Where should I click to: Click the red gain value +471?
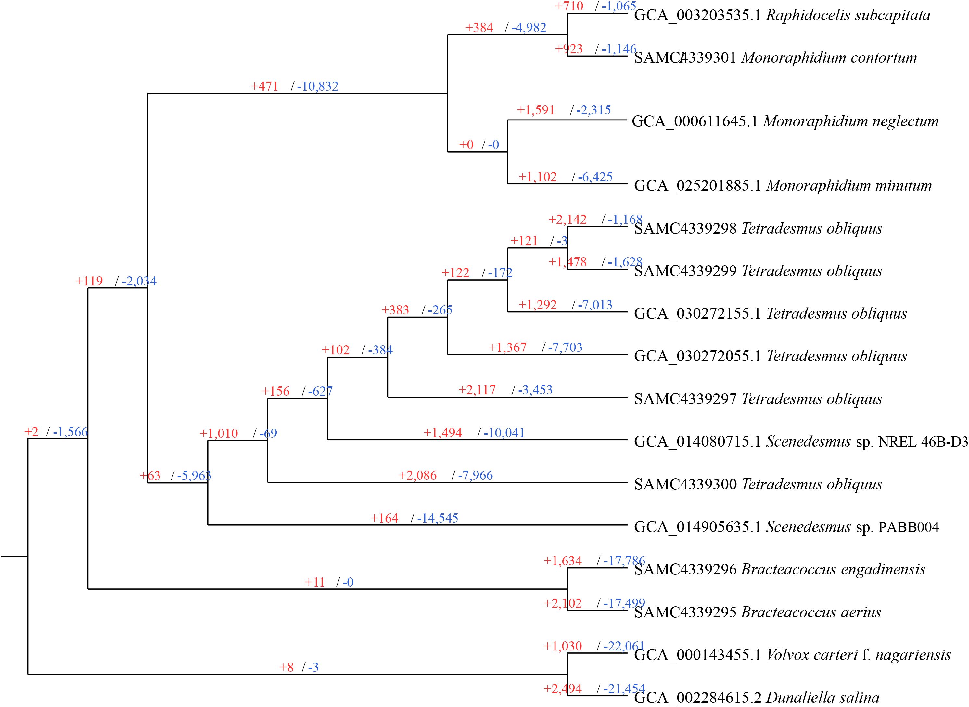click(x=264, y=86)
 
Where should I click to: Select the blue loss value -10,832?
click(x=318, y=86)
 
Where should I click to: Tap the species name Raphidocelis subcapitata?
click(x=848, y=15)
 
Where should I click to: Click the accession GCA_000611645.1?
click(x=695, y=121)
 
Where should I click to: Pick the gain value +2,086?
click(x=417, y=475)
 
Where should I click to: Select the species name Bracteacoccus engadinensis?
click(x=833, y=570)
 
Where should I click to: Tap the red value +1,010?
click(x=219, y=434)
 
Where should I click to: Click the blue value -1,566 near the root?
click(x=70, y=432)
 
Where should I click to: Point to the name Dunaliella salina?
click(x=822, y=698)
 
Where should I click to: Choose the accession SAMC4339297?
click(x=685, y=399)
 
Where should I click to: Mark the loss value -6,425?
click(x=595, y=177)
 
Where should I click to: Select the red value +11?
click(x=314, y=582)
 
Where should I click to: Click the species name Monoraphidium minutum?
click(x=849, y=186)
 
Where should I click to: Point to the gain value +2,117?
click(x=477, y=390)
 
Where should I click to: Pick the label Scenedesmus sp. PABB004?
click(x=852, y=527)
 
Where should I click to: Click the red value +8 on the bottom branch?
click(x=286, y=667)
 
